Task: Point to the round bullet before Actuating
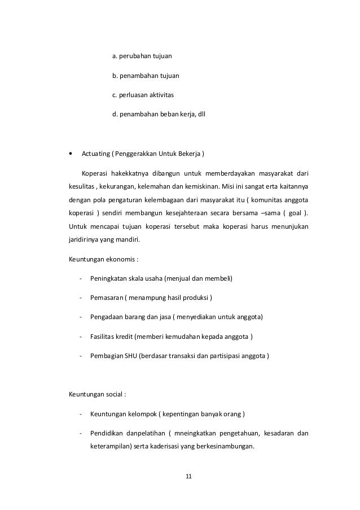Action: (70, 153)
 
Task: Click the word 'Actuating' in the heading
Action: (95, 153)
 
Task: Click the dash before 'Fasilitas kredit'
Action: (82, 337)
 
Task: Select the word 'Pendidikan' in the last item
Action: (106, 433)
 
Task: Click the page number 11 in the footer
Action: (188, 477)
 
